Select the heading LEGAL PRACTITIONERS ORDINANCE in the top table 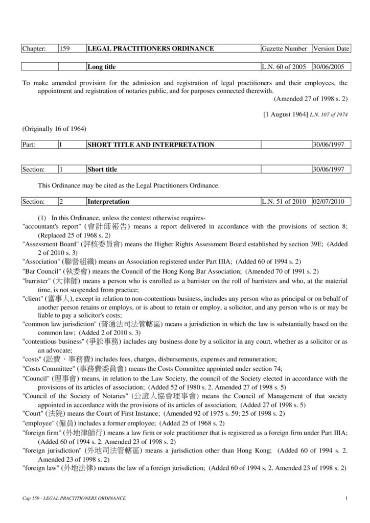tap(151, 49)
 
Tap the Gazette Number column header tap(284, 49)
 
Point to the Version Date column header tap(331, 49)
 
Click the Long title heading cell tap(102, 67)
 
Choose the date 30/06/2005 tap(330, 67)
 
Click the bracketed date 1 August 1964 tap(284, 115)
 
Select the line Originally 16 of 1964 tap(54, 128)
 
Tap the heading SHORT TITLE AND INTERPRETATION tap(151, 145)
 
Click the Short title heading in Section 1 tap(102, 169)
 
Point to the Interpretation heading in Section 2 tap(108, 202)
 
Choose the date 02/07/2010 tap(330, 202)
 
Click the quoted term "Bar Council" tap(41, 271)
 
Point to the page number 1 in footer tap(346, 498)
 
